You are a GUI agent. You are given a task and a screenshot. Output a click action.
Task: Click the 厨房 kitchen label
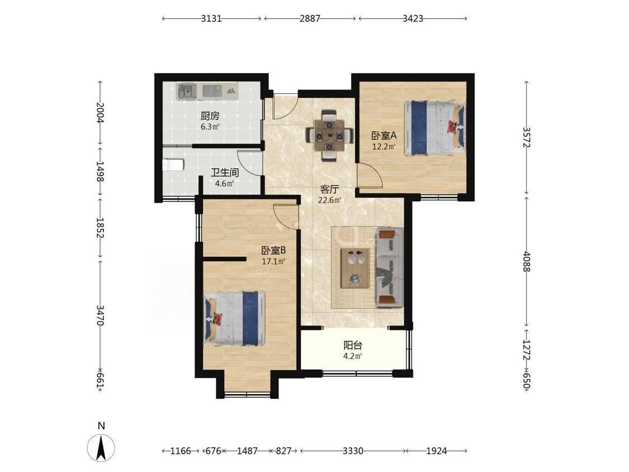coord(210,116)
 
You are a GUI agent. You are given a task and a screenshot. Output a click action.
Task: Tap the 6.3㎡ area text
coord(210,127)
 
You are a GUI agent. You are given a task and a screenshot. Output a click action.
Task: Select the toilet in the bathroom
coord(173,164)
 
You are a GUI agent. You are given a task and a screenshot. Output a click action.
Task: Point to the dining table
coord(329,136)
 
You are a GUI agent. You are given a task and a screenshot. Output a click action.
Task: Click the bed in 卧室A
coord(435,128)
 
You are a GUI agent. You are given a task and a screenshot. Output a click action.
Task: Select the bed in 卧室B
coord(235,318)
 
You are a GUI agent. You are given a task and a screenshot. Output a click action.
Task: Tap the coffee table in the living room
coord(355,268)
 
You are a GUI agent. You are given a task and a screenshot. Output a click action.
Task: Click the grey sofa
coord(390,267)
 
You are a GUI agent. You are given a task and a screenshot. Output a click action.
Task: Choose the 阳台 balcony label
coord(353,345)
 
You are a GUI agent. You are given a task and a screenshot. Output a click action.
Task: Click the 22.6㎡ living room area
coord(330,200)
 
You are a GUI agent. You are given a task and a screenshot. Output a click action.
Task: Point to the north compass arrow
coord(102,447)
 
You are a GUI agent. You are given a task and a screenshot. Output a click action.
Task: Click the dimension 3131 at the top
coord(211,18)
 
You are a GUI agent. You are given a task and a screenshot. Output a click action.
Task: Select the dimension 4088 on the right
coord(527,262)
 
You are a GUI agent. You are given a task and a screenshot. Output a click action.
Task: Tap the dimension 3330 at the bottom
coord(353,451)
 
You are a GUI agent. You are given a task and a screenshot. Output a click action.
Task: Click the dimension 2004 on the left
coord(100,113)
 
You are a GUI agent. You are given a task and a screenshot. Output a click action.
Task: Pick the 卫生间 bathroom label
coord(225,173)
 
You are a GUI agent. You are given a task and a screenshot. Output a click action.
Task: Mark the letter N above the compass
coord(102,426)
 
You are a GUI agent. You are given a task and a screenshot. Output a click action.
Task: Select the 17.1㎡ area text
coord(273,262)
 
